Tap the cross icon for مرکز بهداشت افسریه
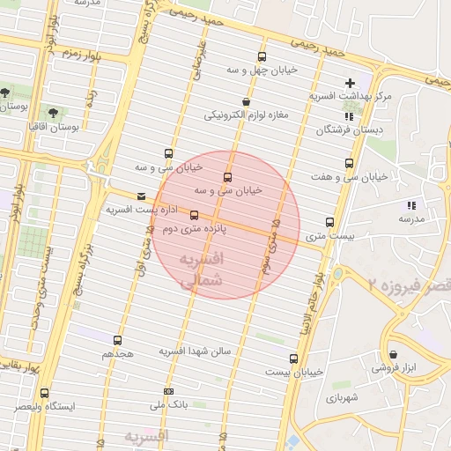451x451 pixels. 350,83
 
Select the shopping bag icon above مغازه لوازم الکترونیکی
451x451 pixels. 245,102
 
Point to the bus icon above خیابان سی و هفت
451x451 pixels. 349,163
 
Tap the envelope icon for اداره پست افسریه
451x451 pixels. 142,196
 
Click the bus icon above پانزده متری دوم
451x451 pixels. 194,215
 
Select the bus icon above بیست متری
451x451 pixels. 330,222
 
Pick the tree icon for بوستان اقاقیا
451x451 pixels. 53,113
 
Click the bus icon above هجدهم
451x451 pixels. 118,339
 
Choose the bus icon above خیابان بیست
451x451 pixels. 293,359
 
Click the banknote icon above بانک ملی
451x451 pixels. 168,391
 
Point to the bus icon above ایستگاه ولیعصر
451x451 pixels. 44,393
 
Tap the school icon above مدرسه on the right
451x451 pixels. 411,205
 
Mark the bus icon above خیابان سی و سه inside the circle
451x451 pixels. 228,176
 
